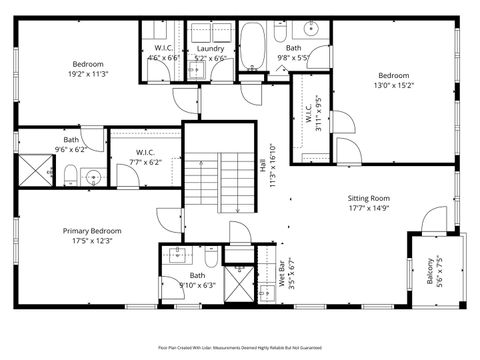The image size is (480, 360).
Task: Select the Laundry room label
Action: pos(210,48)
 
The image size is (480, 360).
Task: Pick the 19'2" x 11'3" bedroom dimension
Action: pos(88,73)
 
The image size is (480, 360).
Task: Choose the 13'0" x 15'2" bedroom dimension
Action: pos(393,85)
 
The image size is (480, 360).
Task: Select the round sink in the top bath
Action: pos(311,28)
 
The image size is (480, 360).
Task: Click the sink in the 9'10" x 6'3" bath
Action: pos(175,254)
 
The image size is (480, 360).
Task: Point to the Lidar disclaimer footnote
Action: pos(240,347)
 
